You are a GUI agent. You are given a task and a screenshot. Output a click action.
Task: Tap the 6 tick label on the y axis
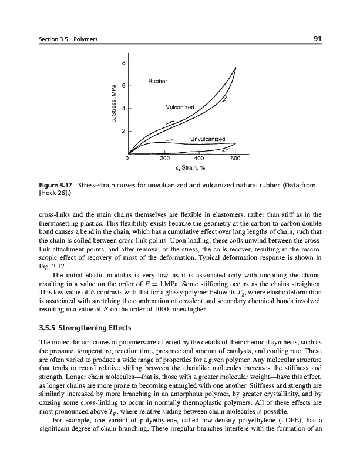123,86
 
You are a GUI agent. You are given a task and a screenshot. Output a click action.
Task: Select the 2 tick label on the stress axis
123,131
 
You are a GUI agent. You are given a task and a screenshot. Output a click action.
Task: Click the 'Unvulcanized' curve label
208,139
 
